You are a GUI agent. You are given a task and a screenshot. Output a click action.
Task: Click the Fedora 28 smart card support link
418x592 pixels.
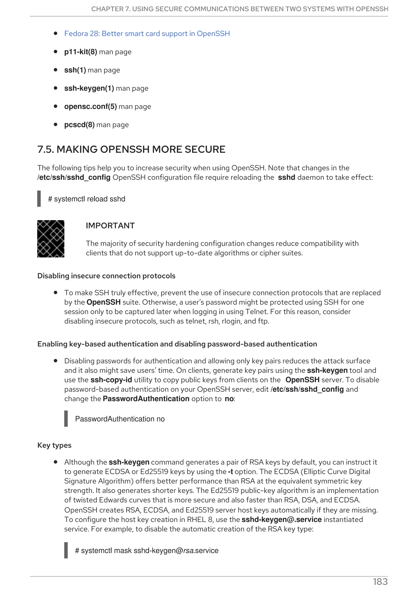pos(147,34)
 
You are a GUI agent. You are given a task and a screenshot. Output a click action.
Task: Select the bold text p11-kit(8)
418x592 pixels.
pos(81,52)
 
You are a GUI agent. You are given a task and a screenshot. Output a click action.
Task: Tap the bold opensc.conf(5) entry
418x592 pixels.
pos(90,106)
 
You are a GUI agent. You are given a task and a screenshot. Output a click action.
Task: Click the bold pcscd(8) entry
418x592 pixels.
pos(79,125)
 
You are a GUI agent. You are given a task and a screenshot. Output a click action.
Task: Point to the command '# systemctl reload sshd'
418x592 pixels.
pos(87,199)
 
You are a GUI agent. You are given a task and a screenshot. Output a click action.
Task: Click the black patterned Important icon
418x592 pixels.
pos(51,239)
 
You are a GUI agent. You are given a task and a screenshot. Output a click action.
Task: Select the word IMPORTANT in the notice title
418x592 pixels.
pos(110,226)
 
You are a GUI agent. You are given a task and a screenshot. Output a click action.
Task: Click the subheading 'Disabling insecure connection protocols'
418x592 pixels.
pos(106,276)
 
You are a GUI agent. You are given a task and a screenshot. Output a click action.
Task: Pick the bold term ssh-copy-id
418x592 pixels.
pos(111,380)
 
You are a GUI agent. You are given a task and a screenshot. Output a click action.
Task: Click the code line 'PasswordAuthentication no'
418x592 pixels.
pos(120,419)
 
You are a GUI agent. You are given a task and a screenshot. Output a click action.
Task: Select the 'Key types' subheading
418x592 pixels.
pos(54,445)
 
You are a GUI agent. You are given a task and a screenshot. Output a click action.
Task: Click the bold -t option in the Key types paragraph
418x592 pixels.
pos(230,472)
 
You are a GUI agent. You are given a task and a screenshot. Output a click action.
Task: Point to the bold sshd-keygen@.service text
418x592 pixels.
pos(281,519)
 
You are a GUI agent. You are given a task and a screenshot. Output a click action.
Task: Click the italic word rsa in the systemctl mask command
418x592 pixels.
pos(188,551)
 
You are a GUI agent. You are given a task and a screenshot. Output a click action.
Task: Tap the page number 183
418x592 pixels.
pos(380,582)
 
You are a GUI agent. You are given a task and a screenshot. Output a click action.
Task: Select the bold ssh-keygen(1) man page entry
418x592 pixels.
pos(89,88)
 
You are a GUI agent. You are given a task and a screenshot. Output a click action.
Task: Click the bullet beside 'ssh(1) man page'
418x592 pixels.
pos(55,70)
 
